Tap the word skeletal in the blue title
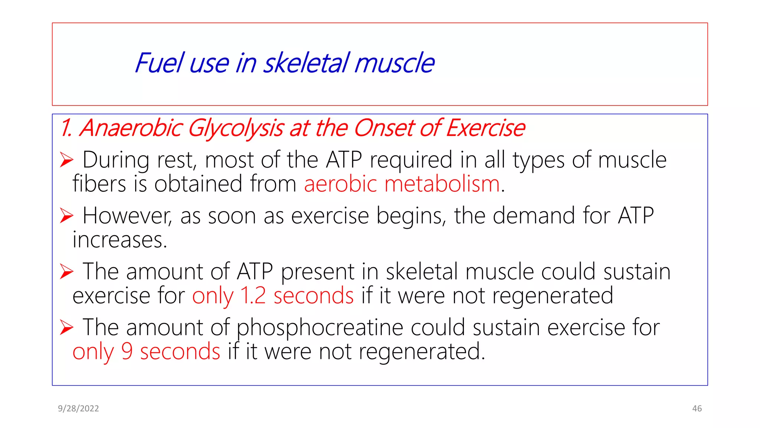pos(306,63)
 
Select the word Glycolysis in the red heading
pos(236,129)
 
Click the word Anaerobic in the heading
pos(131,128)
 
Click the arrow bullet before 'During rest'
pos(67,160)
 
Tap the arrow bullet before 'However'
pos(67,216)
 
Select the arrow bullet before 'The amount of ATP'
pos(67,272)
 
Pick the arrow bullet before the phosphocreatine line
pos(67,327)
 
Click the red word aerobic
pos(340,184)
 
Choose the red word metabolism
pos(442,184)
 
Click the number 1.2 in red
pos(253,296)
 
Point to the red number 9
pos(127,351)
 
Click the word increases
pos(119,240)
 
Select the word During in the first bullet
pos(115,160)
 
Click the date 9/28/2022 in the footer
pos(78,409)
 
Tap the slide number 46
pos(697,409)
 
